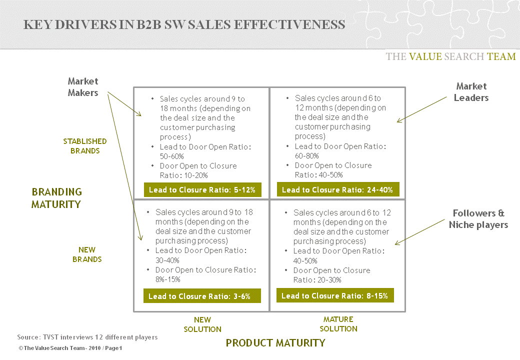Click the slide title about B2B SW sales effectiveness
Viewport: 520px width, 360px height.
tap(184, 24)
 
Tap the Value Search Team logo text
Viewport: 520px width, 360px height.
tap(450, 56)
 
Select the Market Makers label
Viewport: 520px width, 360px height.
tap(83, 86)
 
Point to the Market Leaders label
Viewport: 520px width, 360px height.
tap(471, 92)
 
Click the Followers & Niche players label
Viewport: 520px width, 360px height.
tap(478, 219)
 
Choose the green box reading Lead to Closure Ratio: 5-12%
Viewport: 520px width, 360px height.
tap(202, 190)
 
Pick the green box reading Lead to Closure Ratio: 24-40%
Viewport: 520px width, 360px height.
tap(337, 190)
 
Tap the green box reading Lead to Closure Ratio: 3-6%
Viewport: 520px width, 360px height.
tap(202, 296)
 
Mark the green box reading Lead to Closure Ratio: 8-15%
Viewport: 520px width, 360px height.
tap(334, 295)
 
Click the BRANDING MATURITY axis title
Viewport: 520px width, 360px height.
tap(56, 198)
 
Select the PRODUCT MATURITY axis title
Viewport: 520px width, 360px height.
tap(275, 343)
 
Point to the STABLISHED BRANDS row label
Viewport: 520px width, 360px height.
tap(85, 146)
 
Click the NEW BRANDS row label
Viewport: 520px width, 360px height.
tap(87, 254)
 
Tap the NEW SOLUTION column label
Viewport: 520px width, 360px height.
tap(202, 324)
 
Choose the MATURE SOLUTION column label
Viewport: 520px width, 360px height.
tap(338, 324)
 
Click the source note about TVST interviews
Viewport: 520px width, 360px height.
tap(87, 337)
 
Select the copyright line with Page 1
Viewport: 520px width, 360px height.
tap(70, 348)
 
